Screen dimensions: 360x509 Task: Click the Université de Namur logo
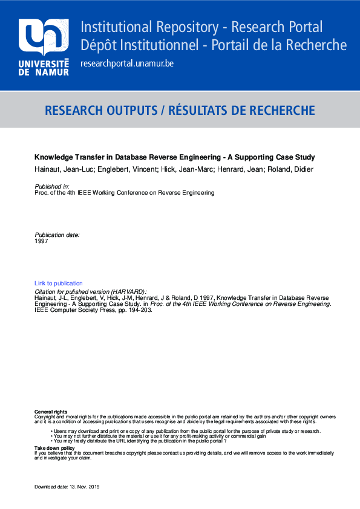[x=44, y=47]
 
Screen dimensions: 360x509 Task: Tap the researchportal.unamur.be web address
[x=126, y=63]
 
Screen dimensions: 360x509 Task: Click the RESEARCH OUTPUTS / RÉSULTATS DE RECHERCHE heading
[x=180, y=110]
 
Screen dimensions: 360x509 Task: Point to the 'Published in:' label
[x=52, y=187]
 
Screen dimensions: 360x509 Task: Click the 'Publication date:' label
[x=57, y=235]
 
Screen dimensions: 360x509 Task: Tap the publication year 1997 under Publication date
[x=41, y=241]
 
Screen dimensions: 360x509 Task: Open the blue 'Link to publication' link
[x=59, y=283]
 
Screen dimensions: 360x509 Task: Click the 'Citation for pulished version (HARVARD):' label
[x=91, y=291]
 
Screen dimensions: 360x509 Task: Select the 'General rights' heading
[x=51, y=412]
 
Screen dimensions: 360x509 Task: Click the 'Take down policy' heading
[x=54, y=447]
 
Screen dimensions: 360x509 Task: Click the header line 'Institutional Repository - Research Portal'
[x=201, y=27]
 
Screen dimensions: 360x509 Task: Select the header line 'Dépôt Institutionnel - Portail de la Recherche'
[x=214, y=45]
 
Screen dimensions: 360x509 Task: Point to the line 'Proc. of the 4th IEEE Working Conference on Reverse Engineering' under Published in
[x=125, y=193]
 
